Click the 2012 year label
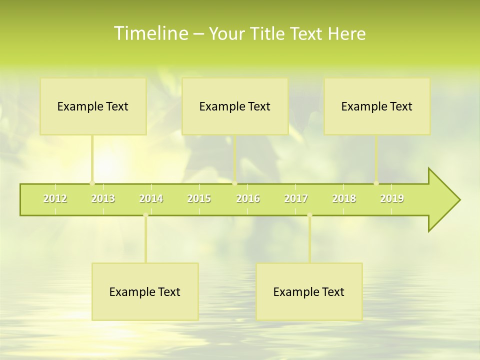pos(55,198)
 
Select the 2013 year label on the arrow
pos(103,198)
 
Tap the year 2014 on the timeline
pos(151,198)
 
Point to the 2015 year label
pos(199,198)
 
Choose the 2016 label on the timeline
pos(248,198)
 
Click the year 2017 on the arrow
pos(296,198)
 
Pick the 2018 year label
pos(344,198)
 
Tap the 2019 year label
pos(392,198)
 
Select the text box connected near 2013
pos(93,106)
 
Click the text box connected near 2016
pos(235,106)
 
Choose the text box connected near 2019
pos(377,106)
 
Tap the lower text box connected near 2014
pos(145,292)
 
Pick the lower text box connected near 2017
pos(309,292)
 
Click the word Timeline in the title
pos(150,33)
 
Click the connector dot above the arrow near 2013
pos(92,183)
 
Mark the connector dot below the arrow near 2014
pos(145,215)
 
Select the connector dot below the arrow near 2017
pos(309,215)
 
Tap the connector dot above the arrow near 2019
pos(376,183)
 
